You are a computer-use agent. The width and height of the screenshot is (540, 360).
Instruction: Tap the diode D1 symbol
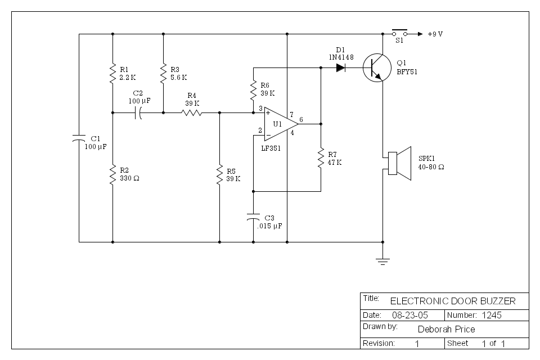coord(341,68)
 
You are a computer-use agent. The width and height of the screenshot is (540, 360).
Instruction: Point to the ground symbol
coord(382,260)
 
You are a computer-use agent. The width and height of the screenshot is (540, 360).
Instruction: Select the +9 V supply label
coord(435,34)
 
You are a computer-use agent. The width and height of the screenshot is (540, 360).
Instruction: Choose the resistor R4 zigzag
coord(191,112)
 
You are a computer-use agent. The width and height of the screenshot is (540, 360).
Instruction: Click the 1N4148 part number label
coord(340,57)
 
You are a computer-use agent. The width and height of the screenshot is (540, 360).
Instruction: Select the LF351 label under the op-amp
coord(271,148)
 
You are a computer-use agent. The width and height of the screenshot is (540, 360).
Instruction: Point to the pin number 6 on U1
coord(301,119)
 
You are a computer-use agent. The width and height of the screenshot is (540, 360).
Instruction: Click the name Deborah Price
coord(447,329)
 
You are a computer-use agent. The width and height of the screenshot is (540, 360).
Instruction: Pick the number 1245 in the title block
coord(490,315)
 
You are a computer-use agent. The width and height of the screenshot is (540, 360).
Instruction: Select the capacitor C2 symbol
coord(138,113)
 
